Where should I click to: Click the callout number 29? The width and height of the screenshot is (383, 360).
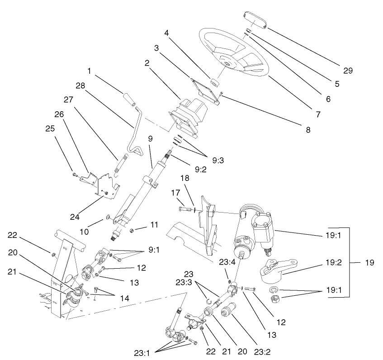[x=347, y=70]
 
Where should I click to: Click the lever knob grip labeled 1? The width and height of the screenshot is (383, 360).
[x=128, y=100]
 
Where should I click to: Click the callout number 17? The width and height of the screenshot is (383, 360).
[x=175, y=193]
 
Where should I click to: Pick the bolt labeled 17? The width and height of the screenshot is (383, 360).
[x=185, y=209]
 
